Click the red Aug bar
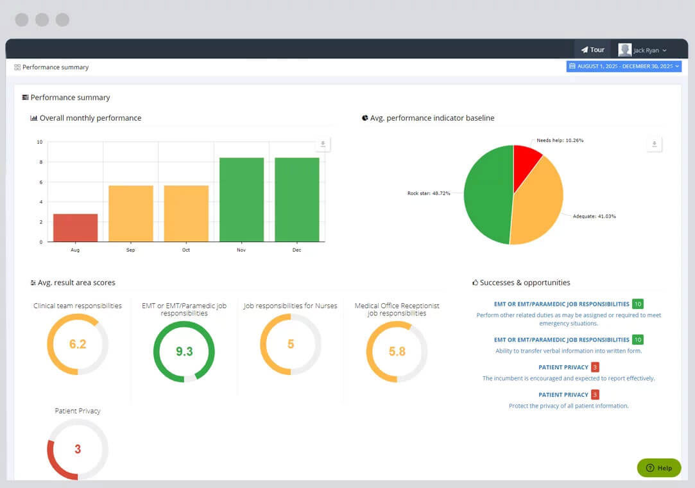click(x=75, y=228)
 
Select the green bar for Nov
click(x=241, y=199)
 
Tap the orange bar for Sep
click(x=131, y=213)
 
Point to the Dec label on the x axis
click(x=296, y=250)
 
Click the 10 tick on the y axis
click(x=40, y=142)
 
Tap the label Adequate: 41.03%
click(x=594, y=216)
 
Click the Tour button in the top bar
click(x=592, y=49)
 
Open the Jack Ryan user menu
click(x=642, y=50)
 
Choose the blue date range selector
click(x=624, y=66)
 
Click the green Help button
click(x=658, y=467)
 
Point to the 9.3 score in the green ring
click(x=184, y=351)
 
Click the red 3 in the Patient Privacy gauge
click(x=78, y=449)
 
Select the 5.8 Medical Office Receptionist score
click(x=397, y=351)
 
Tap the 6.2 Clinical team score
click(x=78, y=344)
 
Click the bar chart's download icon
click(x=323, y=144)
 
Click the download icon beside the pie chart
click(x=654, y=144)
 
